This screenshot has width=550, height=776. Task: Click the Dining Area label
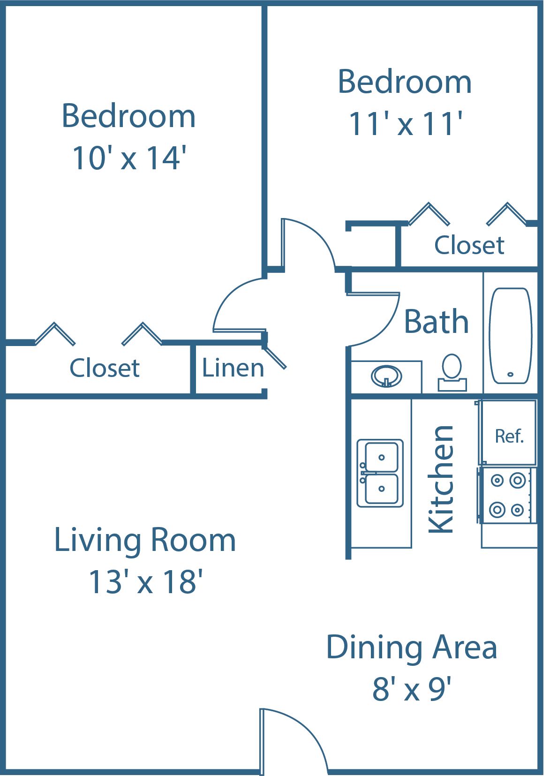[412, 648]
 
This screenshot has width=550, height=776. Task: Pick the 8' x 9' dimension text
[412, 689]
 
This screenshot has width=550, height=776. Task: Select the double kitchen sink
[380, 473]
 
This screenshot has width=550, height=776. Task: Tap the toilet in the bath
[452, 372]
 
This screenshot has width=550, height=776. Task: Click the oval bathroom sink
[386, 376]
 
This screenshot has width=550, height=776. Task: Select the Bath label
[437, 322]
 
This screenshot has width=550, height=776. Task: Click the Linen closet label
[233, 368]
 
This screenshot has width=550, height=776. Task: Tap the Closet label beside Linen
[105, 368]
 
